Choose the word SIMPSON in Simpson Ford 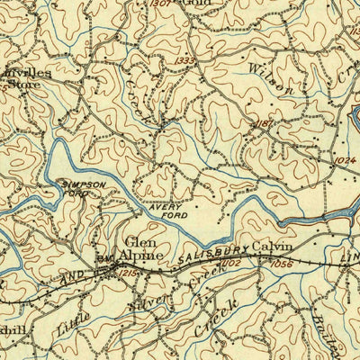(83, 184)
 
